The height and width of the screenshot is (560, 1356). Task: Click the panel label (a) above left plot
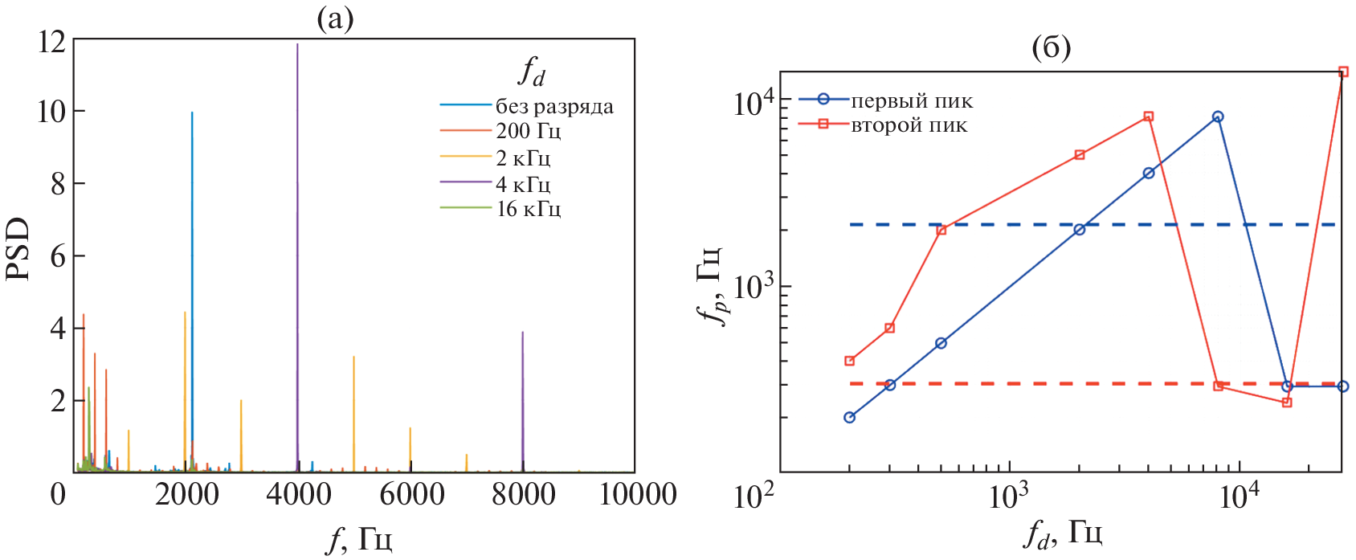[x=335, y=18]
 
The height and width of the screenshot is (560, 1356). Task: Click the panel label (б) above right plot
[x=1051, y=47]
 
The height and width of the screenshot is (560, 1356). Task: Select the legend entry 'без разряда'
[x=554, y=106]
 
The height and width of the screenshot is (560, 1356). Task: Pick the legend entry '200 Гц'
[x=528, y=131]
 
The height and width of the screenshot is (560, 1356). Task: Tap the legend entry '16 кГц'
[x=528, y=209]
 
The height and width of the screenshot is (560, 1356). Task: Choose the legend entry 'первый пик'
[x=912, y=100]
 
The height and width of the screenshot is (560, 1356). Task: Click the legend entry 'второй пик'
[x=909, y=125]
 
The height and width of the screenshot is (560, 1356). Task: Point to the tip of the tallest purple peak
[x=297, y=44]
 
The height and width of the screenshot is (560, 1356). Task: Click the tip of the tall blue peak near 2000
[x=192, y=113]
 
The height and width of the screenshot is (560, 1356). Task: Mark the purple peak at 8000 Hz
[x=523, y=333]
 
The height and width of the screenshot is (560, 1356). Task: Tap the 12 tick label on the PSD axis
[x=51, y=41]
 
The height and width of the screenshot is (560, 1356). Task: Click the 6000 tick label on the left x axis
[x=411, y=494]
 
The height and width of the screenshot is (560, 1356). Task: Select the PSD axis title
[x=18, y=249]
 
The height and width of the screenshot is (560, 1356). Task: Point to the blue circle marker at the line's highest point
[x=1218, y=116]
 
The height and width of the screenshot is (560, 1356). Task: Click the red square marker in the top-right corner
[x=1343, y=72]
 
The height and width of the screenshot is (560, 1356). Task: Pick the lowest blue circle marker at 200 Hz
[x=849, y=417]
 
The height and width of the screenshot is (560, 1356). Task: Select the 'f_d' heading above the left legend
[x=531, y=72]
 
